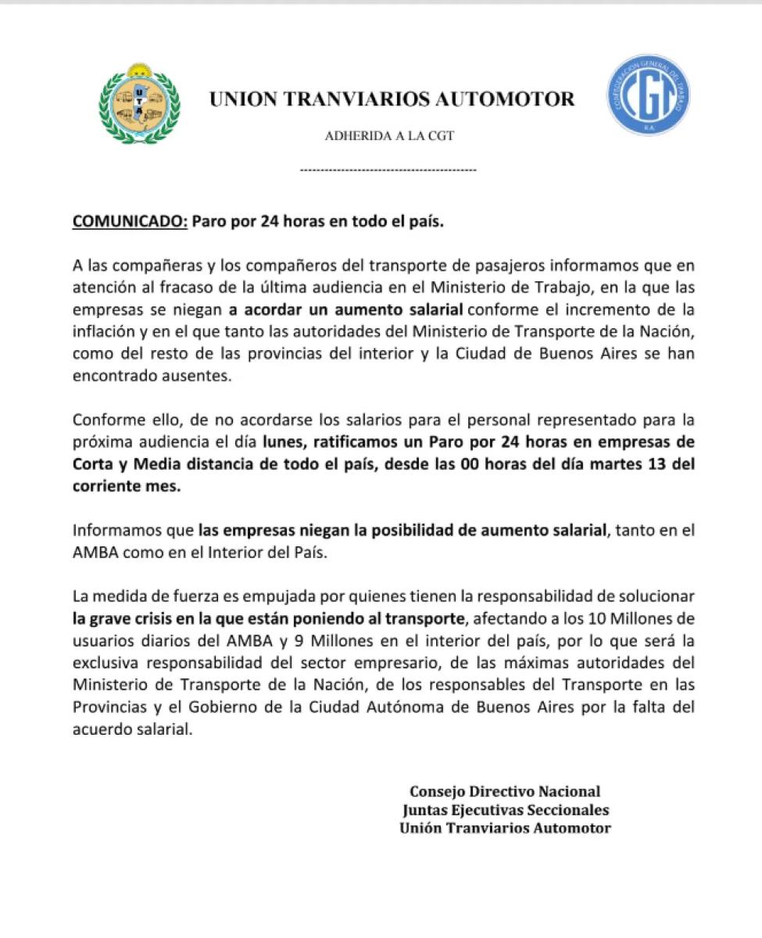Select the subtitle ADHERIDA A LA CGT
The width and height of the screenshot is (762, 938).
(388, 136)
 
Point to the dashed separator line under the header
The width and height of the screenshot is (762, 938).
(388, 169)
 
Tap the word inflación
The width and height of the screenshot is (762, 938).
(104, 327)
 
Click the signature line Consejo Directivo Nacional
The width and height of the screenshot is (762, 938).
(505, 791)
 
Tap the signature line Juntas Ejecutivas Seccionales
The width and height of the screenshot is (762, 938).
(505, 810)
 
